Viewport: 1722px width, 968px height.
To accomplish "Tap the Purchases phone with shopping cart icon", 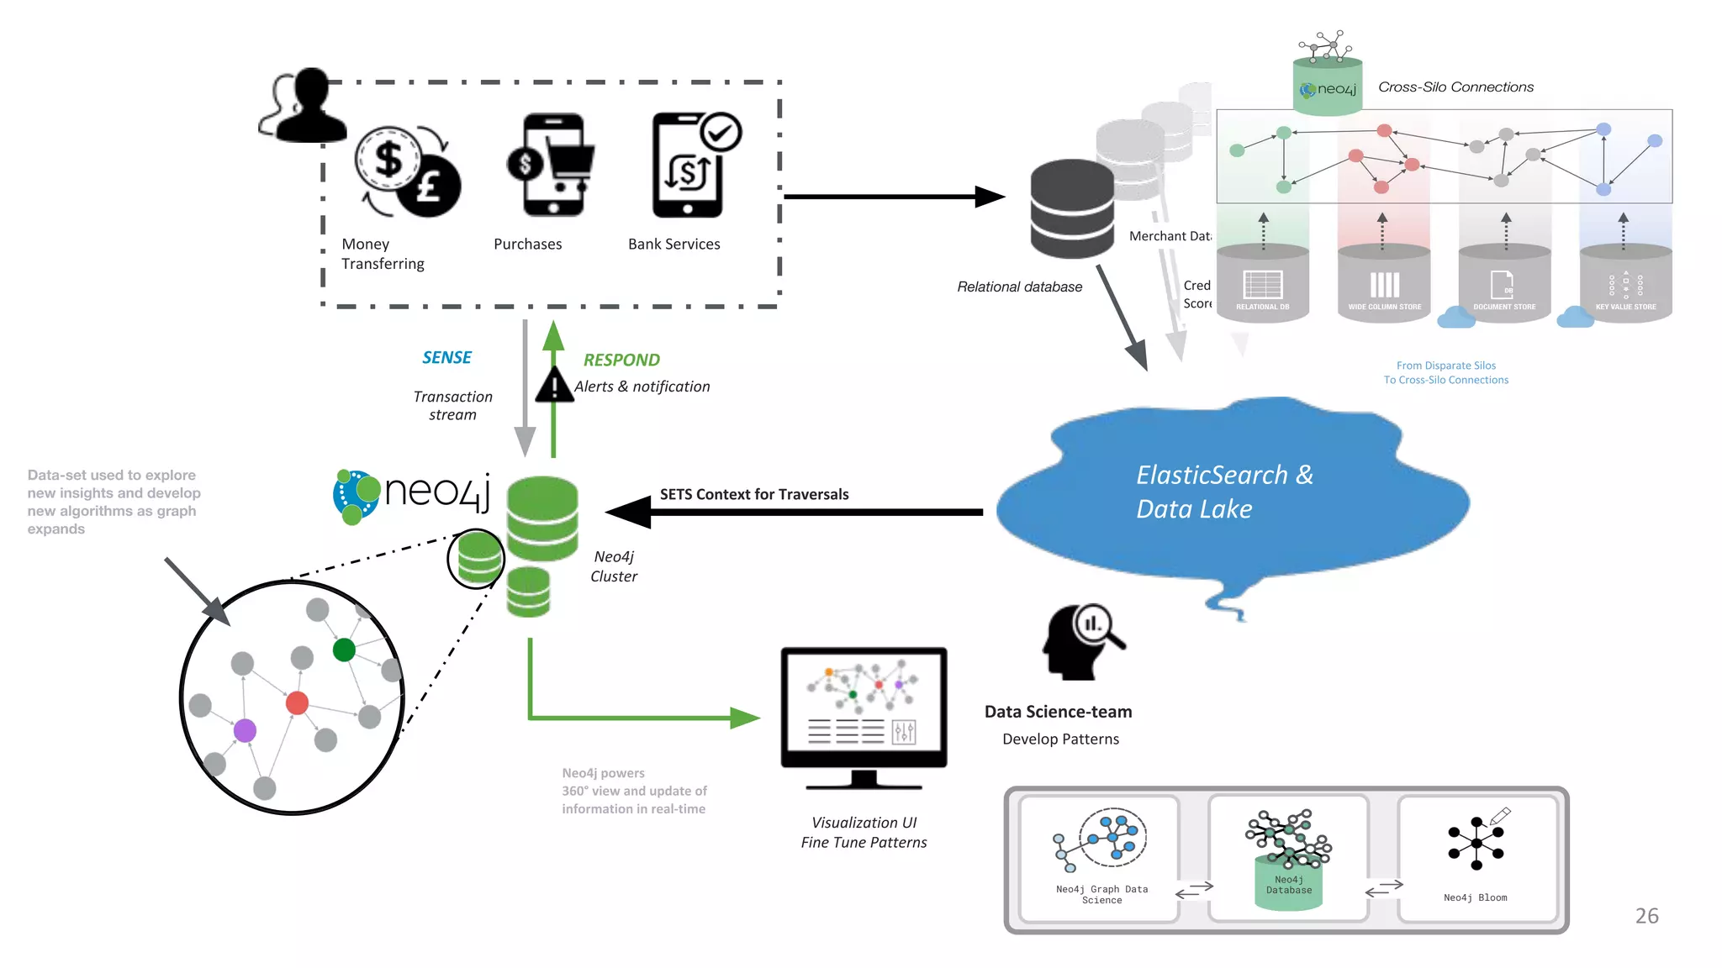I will [x=552, y=165].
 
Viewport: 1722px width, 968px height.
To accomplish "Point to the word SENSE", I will [x=446, y=358].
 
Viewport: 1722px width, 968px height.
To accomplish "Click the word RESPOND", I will [x=621, y=360].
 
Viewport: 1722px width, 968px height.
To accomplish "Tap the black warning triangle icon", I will [x=554, y=387].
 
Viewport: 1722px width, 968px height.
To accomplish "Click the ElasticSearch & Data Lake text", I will [x=1223, y=492].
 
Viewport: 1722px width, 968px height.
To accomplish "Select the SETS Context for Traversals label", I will [x=753, y=494].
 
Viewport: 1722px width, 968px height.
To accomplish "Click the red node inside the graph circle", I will [x=297, y=702].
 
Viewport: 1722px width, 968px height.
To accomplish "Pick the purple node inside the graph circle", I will [x=245, y=730].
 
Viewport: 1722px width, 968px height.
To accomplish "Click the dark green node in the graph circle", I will [x=344, y=650].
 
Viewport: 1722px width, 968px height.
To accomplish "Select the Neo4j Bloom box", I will [x=1476, y=859].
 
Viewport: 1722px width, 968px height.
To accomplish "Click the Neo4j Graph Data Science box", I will [x=1100, y=859].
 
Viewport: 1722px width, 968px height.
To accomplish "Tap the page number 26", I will [x=1646, y=916].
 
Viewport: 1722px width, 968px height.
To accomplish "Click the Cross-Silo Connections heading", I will [x=1455, y=87].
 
